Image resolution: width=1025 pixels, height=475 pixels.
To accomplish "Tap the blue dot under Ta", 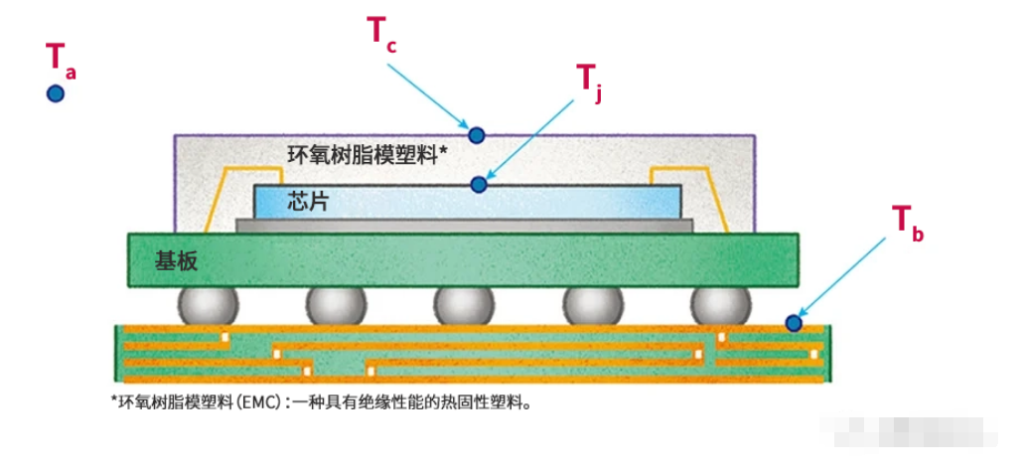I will tap(56, 93).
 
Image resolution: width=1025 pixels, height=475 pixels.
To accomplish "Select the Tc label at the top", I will tap(382, 33).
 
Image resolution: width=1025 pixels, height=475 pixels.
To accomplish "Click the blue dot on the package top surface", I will tap(477, 134).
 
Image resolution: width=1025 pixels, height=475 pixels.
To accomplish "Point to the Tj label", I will tap(589, 79).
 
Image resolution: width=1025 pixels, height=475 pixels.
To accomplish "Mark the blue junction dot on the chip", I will tap(480, 184).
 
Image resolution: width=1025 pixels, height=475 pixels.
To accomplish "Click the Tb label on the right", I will tap(907, 221).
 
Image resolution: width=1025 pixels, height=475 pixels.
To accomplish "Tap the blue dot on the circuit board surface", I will tap(793, 322).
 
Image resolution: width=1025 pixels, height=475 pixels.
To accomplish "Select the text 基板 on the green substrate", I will tap(176, 260).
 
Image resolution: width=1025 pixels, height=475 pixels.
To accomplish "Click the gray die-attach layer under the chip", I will tap(464, 226).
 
